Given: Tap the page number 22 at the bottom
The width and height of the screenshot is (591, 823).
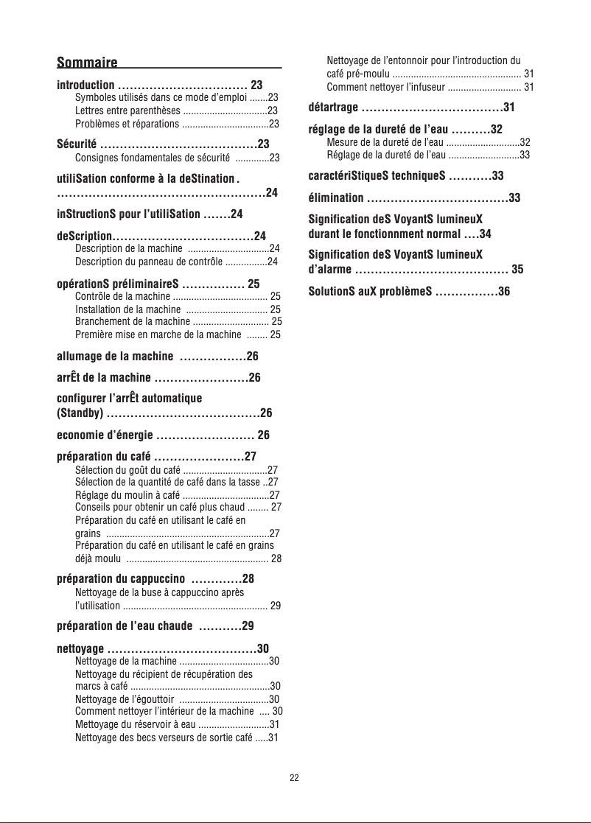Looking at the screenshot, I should pos(294,777).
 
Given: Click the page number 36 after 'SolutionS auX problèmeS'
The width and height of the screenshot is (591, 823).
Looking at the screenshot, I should pos(504,291).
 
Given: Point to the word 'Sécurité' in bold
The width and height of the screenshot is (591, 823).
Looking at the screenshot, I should pos(76,143).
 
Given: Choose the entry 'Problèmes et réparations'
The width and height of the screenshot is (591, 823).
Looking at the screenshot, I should pos(127,123).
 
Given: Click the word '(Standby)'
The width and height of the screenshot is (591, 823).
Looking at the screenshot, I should pos(79,411).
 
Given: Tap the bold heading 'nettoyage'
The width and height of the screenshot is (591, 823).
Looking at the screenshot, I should pos(80,648).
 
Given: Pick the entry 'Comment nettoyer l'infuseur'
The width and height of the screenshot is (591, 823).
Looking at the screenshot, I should pos(385,88).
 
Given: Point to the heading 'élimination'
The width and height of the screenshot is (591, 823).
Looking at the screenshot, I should pos(335,197).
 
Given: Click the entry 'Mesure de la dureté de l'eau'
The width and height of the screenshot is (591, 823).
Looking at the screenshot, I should pos(385,141).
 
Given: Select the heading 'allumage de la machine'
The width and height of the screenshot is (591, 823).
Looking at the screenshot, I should pos(115,357).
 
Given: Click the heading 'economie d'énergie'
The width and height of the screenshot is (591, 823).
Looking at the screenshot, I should pos(105,434).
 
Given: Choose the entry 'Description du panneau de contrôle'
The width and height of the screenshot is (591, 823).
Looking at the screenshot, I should pos(149,261).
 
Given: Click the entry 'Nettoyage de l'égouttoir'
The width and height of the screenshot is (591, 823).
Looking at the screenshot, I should pos(125,698).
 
